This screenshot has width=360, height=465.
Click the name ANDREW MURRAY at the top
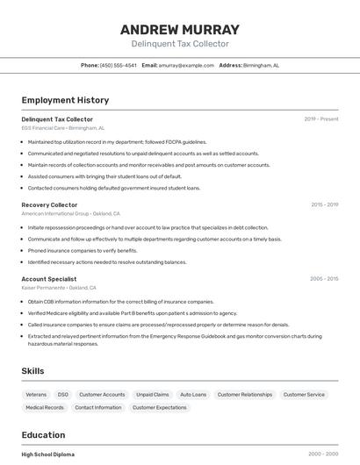180,30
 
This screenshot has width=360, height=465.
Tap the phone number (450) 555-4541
118,65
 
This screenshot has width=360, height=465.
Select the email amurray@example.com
186,65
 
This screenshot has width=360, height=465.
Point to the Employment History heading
65,100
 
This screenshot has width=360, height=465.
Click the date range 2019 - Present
321,118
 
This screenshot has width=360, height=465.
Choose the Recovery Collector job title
49,204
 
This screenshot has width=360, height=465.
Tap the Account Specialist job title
49,279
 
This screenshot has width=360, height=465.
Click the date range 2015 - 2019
324,204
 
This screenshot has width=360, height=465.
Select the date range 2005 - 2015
324,279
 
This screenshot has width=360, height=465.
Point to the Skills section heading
32,371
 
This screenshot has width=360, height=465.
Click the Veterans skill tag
36,395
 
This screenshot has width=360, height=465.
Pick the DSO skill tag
63,395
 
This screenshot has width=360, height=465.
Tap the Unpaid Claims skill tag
152,395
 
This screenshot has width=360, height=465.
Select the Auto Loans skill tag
193,395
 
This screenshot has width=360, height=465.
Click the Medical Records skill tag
45,407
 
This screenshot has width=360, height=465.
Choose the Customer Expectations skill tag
159,407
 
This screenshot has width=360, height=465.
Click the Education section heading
43,434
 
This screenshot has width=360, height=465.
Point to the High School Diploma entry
48,454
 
